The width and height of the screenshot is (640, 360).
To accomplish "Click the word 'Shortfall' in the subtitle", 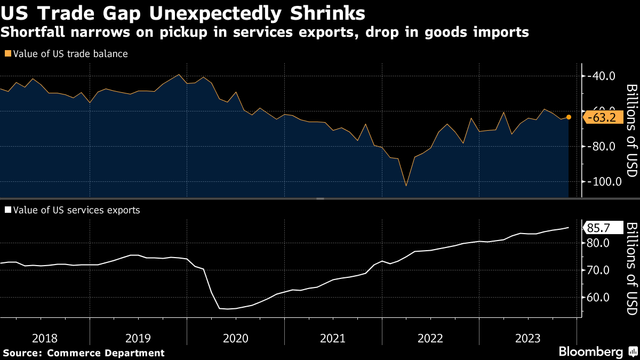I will click(x=36, y=33).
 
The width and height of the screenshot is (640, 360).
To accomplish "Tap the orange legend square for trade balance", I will click(x=7, y=54).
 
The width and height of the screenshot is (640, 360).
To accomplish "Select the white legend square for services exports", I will click(x=7, y=210).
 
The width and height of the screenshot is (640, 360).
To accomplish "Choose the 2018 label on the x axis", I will click(x=45, y=338).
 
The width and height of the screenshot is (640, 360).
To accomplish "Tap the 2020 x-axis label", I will click(x=236, y=338).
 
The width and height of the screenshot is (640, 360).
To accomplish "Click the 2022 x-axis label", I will click(x=430, y=338).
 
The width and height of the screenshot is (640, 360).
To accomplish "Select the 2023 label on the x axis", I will click(x=528, y=338).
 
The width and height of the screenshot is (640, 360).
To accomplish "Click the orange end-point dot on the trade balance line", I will click(x=569, y=117).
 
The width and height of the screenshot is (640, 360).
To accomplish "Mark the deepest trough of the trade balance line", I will click(x=406, y=186).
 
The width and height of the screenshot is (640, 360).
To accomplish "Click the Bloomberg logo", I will click(x=590, y=352).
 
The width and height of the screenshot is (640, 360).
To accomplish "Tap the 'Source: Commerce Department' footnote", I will click(x=84, y=353).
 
